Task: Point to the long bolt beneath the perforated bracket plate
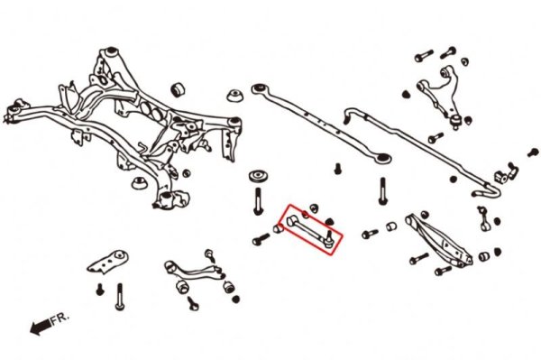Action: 118,295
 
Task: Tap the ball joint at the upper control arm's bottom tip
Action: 457,118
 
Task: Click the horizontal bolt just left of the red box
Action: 261,240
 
